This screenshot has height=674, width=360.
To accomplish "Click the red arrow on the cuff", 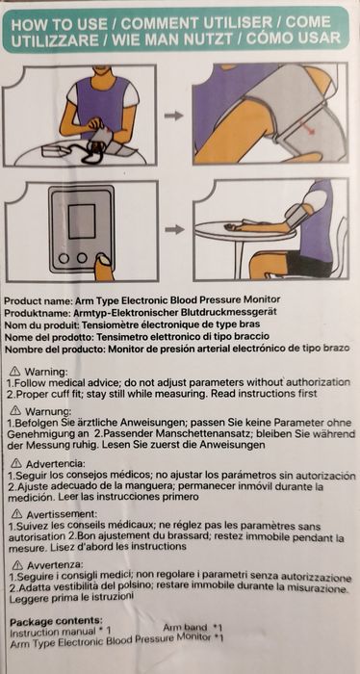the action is pyautogui.click(x=307, y=128).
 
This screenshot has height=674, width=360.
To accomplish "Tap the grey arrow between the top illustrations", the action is pyautogui.click(x=173, y=116).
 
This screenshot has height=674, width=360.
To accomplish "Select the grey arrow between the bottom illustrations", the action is pyautogui.click(x=174, y=229).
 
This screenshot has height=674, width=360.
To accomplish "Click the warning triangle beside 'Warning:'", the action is pyautogui.click(x=15, y=370).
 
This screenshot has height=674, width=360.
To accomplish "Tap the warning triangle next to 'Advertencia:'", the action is pyautogui.click(x=16, y=463).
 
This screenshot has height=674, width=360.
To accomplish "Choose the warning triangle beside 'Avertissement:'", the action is pyautogui.click(x=17, y=513).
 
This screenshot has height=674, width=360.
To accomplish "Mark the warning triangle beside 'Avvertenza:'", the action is pyautogui.click(x=18, y=564).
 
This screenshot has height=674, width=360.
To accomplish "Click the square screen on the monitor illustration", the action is pyautogui.click(x=82, y=221).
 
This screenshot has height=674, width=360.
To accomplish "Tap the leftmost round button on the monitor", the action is pyautogui.click(x=64, y=258).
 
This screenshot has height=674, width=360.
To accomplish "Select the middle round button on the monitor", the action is pyautogui.click(x=82, y=258).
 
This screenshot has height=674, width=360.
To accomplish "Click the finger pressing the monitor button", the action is pyautogui.click(x=103, y=268).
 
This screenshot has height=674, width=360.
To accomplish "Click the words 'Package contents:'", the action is pyautogui.click(x=56, y=622).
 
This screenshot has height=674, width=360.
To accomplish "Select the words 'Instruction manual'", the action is pyautogui.click(x=52, y=632).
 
